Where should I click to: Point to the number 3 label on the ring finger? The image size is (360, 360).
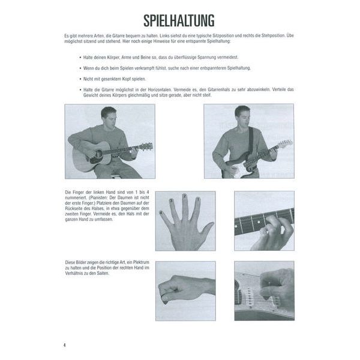172,200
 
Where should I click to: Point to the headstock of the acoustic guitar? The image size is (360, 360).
146,145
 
